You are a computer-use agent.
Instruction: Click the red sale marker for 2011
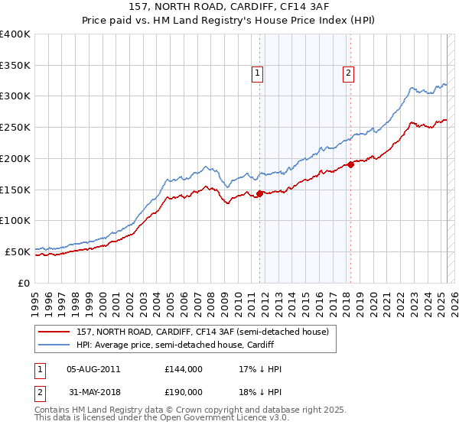point(259,193)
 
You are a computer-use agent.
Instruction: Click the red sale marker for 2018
point(351,164)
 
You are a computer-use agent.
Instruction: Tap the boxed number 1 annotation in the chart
point(256,73)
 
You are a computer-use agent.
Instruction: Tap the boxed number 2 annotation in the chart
point(348,73)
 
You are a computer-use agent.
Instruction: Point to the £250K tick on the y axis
point(15,128)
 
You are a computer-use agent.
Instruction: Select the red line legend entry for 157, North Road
point(202,332)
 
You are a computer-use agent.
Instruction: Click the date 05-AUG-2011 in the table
point(93,369)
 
